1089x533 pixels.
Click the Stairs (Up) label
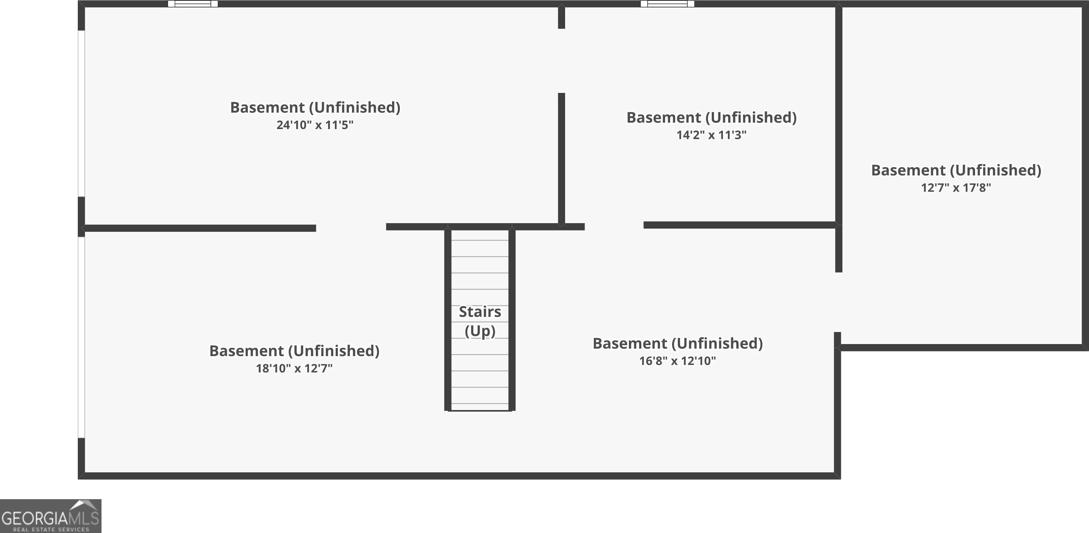(480, 321)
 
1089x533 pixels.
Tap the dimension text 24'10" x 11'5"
(315, 125)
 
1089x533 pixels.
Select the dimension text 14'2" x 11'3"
(711, 135)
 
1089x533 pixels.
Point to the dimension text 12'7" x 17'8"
(956, 188)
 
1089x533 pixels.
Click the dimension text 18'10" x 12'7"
(294, 369)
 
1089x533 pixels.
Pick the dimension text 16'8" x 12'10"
(677, 361)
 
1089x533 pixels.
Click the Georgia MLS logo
(50, 516)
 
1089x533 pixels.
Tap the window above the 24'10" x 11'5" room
(193, 4)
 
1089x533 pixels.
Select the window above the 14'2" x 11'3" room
(667, 4)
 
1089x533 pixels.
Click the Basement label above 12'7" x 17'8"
(956, 170)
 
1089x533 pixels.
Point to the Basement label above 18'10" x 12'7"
(294, 351)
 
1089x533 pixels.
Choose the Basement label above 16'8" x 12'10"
(677, 343)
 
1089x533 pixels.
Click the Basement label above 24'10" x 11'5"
(315, 107)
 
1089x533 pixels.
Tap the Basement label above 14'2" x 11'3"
(711, 117)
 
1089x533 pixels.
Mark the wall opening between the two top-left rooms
(561, 61)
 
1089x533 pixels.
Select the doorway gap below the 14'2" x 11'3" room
(614, 226)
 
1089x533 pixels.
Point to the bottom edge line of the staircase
(480, 411)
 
